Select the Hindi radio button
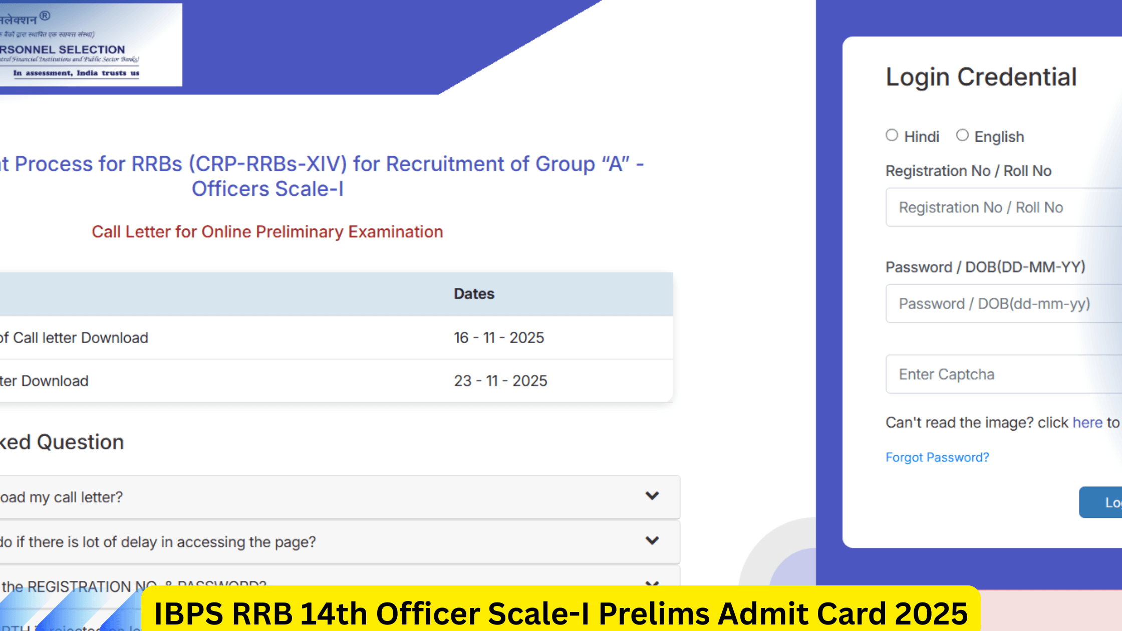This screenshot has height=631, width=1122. (x=892, y=135)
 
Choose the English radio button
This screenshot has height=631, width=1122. (x=962, y=135)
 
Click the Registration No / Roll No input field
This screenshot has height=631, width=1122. (x=1002, y=207)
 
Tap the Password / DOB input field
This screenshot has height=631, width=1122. (x=1002, y=303)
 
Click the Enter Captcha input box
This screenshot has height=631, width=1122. (x=1002, y=374)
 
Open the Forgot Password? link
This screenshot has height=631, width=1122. (x=937, y=457)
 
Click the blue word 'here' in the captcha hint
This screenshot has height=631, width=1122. (x=1087, y=423)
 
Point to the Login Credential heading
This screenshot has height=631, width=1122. (x=981, y=77)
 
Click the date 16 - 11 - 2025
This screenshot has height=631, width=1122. (x=499, y=338)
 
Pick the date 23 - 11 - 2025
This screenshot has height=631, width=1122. (x=500, y=381)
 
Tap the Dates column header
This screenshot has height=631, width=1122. (x=474, y=294)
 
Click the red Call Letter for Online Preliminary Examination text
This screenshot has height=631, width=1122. (x=267, y=232)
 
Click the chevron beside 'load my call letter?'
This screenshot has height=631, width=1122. (x=652, y=496)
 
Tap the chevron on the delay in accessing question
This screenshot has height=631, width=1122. (x=652, y=541)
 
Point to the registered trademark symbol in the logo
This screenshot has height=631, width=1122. (x=45, y=16)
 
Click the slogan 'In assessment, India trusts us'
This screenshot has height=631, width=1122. (x=76, y=73)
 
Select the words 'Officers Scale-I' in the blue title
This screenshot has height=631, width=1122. (x=267, y=189)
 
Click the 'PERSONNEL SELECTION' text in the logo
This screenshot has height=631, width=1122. (x=63, y=50)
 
